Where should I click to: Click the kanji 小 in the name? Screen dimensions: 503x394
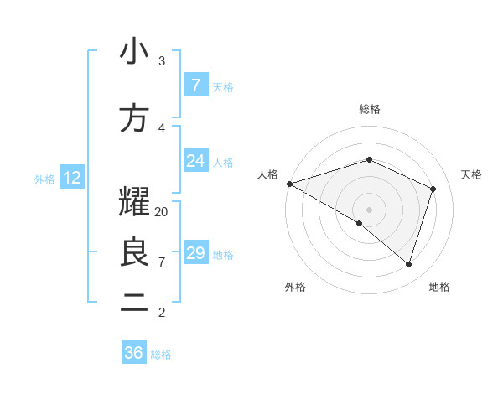(134, 52)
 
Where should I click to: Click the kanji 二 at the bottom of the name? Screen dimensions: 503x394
(134, 303)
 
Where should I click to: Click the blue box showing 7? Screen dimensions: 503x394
(195, 86)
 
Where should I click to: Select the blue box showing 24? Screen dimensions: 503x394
(195, 161)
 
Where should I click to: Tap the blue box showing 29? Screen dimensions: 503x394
(195, 253)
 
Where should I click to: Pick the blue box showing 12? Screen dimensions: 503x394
(71, 178)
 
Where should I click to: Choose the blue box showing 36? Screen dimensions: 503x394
(134, 353)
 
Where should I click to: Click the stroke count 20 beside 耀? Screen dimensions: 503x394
(162, 212)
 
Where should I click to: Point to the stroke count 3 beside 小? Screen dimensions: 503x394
(162, 61)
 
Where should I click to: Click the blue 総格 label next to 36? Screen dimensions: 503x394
(161, 355)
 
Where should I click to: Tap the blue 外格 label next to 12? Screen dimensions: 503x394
(44, 179)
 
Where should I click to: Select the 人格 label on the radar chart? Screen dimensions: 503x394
(267, 174)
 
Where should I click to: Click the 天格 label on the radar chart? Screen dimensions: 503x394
(471, 174)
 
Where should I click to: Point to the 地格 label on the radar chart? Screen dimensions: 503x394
(439, 287)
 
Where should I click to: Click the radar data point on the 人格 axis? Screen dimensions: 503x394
(289, 183)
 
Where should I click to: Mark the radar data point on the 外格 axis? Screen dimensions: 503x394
(360, 223)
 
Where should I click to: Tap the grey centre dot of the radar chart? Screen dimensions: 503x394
(369, 209)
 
